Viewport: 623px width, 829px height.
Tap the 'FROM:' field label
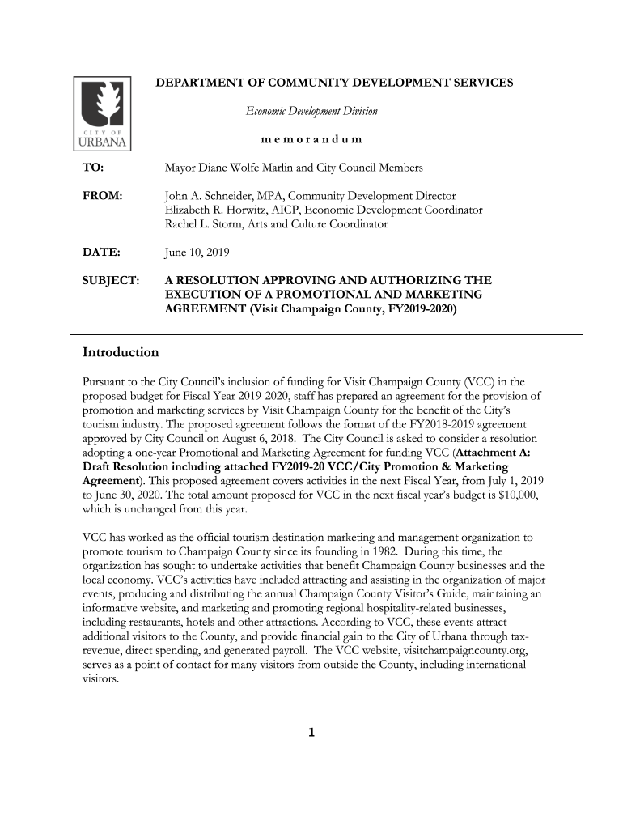pyautogui.click(x=103, y=196)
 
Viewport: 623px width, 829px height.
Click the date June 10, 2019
pyautogui.click(x=197, y=253)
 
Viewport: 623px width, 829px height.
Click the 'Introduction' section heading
pyautogui.click(x=121, y=353)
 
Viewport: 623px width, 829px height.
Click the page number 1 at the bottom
pyautogui.click(x=311, y=734)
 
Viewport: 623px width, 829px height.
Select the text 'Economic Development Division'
pyautogui.click(x=311, y=111)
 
